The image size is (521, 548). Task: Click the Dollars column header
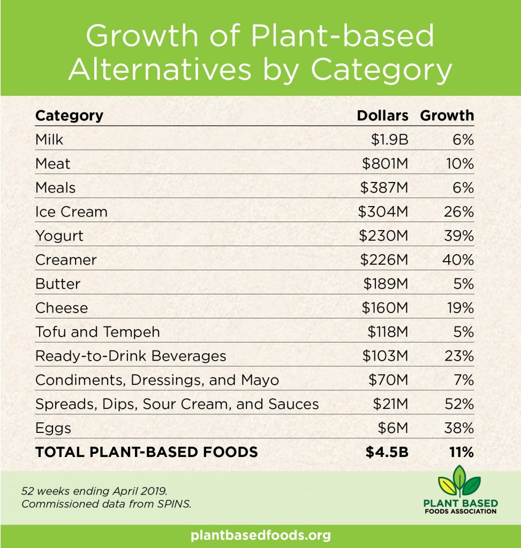pos(382,116)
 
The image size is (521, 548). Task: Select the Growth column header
pos(447,116)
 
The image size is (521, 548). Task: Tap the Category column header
pos(69,116)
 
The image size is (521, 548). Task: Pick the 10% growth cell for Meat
pos(459,164)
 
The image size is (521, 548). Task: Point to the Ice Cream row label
pos(71,212)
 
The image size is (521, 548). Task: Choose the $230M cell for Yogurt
pos(383,236)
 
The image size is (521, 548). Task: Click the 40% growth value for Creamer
pos(459,260)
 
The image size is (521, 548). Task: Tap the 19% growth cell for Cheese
pos(459,308)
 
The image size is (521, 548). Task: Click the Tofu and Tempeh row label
pos(97,332)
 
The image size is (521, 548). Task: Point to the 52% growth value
pos(459,405)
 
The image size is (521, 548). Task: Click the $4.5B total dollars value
pos(387,452)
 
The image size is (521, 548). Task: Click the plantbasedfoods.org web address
pos(260,535)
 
